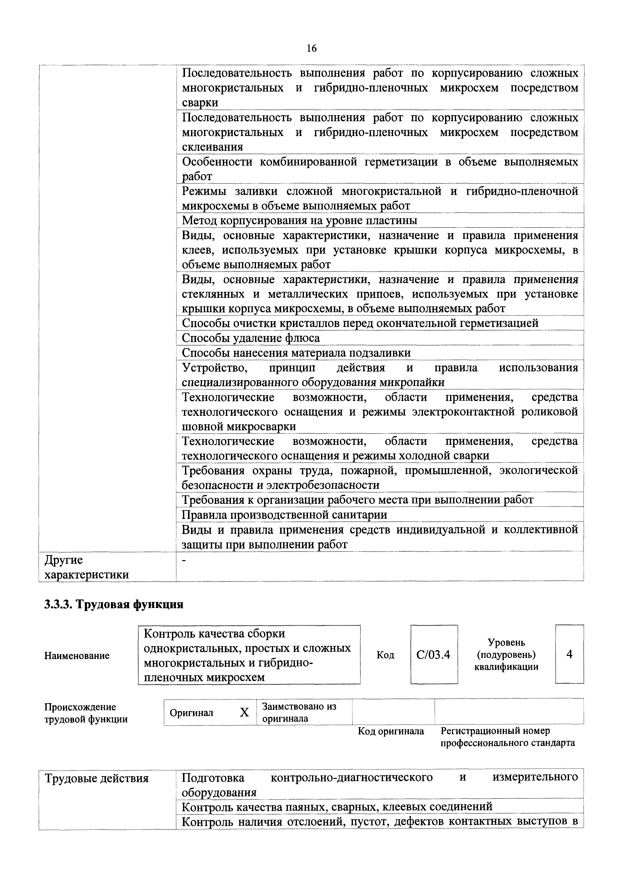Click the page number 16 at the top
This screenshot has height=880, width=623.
pos(311,48)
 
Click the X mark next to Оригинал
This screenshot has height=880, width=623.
pos(244,712)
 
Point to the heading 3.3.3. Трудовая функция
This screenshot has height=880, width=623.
pos(114,605)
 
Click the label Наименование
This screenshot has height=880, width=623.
pos(77,656)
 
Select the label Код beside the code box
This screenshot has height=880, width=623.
pos(385,655)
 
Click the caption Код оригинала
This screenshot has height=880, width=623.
pos(391,731)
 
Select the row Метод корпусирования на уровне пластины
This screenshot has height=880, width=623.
pos(299,221)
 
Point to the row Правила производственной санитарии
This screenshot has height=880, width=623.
pos(284,515)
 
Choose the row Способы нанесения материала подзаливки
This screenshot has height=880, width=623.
pos(296,353)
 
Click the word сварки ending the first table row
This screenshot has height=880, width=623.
pos(200,103)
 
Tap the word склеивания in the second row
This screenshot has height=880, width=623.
pos(212,147)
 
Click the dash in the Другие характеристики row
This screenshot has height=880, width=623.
pos(184,561)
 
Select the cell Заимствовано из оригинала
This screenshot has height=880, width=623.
pos(299,712)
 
